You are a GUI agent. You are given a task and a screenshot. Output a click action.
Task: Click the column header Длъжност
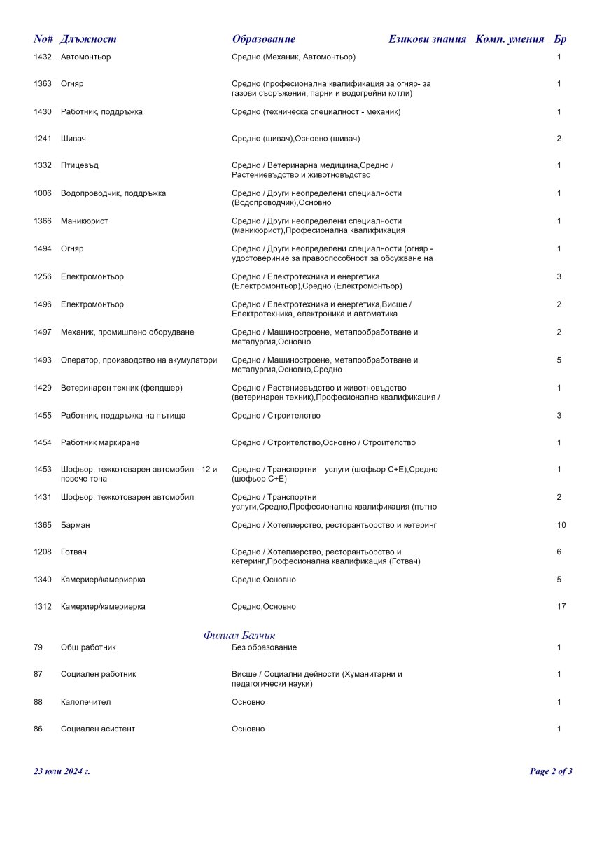pos(88,39)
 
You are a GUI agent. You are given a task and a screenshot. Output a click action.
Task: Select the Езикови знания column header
pos(427,39)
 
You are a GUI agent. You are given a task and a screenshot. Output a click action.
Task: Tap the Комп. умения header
pos(510,39)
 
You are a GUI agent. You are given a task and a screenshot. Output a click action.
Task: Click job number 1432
pos(43,57)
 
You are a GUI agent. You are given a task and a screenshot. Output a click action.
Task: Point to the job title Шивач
pos(73,139)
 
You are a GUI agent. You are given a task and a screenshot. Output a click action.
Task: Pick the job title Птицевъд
pos(80,165)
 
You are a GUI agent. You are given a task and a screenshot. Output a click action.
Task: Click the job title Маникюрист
pos(85,221)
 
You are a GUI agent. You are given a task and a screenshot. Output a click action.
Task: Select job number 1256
pos(43,277)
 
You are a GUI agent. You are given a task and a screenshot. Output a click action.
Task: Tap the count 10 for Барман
pos(561,525)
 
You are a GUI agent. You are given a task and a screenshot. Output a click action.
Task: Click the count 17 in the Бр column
pos(561,607)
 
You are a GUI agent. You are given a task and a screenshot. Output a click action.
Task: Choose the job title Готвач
pos(76,552)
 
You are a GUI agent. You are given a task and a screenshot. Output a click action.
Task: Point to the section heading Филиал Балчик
pos(239,636)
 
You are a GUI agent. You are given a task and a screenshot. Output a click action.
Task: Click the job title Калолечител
pos(86,702)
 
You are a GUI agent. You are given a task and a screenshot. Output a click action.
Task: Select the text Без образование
pos(264,647)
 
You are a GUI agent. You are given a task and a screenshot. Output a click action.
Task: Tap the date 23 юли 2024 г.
pos(62,771)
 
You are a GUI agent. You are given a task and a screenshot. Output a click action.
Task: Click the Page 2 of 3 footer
pos(551,771)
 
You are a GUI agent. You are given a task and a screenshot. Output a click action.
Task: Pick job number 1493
pos(43,360)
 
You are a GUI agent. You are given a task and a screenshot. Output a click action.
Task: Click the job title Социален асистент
pos(98,729)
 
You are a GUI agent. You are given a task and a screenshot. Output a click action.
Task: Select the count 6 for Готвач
pos(559,552)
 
